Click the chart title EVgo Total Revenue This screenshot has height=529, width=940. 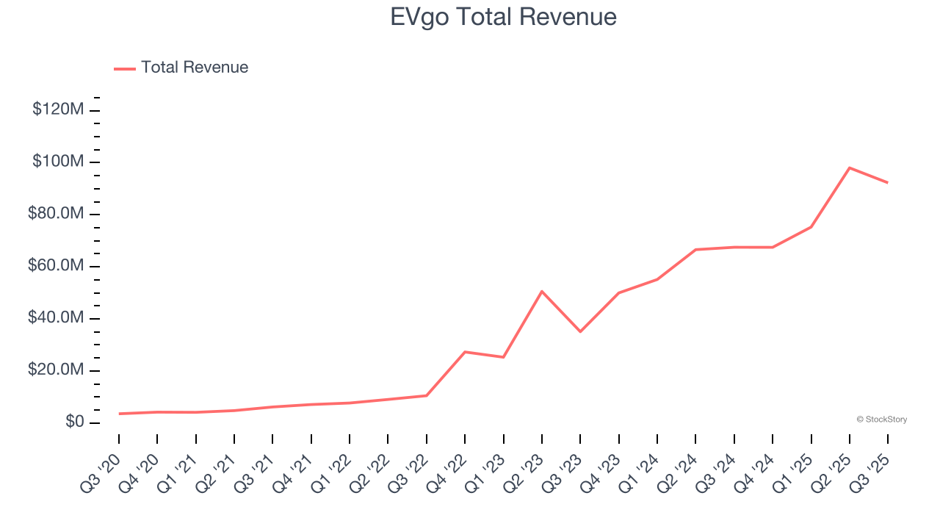(x=503, y=17)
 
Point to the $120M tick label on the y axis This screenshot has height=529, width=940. (x=58, y=109)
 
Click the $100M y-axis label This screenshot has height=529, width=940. (x=58, y=162)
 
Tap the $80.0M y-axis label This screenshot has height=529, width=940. (x=57, y=214)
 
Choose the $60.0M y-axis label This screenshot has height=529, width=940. (x=57, y=266)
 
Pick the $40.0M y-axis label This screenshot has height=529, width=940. (x=57, y=318)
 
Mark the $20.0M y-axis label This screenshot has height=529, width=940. (x=57, y=370)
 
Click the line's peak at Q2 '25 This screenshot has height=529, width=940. (x=850, y=168)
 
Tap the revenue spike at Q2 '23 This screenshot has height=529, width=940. (x=542, y=291)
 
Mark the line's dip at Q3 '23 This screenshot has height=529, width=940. (x=580, y=331)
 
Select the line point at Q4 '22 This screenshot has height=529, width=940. (x=465, y=352)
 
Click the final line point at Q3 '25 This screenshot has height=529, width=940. (x=888, y=182)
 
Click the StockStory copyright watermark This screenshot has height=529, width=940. (x=881, y=420)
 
